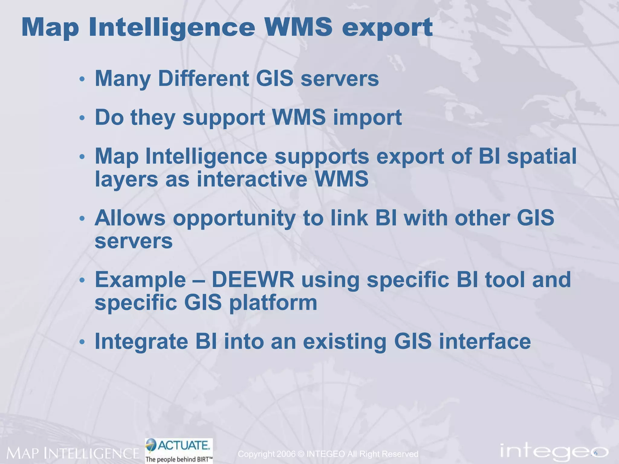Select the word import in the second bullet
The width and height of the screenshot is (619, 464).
pyautogui.click(x=367, y=118)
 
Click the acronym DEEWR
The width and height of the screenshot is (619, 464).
pyautogui.click(x=253, y=280)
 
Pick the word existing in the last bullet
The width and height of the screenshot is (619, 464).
pyautogui.click(x=345, y=342)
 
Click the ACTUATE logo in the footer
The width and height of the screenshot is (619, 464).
pyautogui.click(x=179, y=450)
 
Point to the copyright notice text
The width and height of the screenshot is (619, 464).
pyautogui.click(x=328, y=454)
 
